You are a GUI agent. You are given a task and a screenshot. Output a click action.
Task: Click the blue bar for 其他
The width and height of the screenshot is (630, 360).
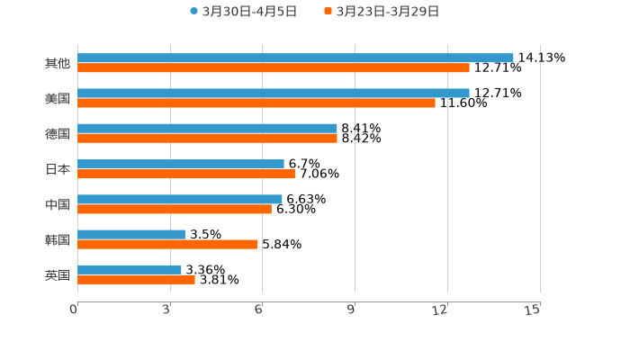click(295, 58)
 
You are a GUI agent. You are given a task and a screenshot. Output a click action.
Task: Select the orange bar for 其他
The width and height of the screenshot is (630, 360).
click(274, 67)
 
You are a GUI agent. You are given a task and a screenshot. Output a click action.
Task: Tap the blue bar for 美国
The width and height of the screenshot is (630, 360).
click(274, 93)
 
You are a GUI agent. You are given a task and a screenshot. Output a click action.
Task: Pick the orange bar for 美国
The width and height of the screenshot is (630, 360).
click(256, 103)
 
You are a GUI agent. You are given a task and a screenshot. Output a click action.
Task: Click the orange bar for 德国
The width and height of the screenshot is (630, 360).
click(207, 139)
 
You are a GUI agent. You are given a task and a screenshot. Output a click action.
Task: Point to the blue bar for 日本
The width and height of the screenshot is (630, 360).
click(181, 164)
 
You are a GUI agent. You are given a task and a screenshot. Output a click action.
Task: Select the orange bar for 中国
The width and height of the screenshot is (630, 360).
click(175, 209)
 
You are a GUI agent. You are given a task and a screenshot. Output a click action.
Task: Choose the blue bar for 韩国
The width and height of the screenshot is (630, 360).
click(131, 234)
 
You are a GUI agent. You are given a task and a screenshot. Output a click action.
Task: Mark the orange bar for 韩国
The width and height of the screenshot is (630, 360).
click(167, 244)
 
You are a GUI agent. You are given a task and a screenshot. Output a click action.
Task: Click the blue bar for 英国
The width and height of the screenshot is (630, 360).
click(130, 269)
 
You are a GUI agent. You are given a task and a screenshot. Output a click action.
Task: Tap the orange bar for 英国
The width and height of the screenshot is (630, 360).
click(136, 279)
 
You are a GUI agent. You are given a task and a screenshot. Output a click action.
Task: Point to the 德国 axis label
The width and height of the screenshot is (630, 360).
click(58, 133)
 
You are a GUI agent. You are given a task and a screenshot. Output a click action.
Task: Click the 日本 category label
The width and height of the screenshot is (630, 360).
click(58, 169)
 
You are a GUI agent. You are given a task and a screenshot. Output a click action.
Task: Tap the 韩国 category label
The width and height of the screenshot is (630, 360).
click(58, 239)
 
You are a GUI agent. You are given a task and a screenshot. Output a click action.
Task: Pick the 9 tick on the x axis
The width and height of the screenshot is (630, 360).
click(352, 310)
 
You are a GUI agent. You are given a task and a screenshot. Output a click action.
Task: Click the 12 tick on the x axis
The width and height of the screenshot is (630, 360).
click(440, 310)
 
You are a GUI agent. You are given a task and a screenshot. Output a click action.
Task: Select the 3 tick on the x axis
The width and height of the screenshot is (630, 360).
click(166, 310)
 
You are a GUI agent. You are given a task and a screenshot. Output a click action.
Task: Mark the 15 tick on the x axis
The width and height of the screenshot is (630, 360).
click(533, 310)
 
